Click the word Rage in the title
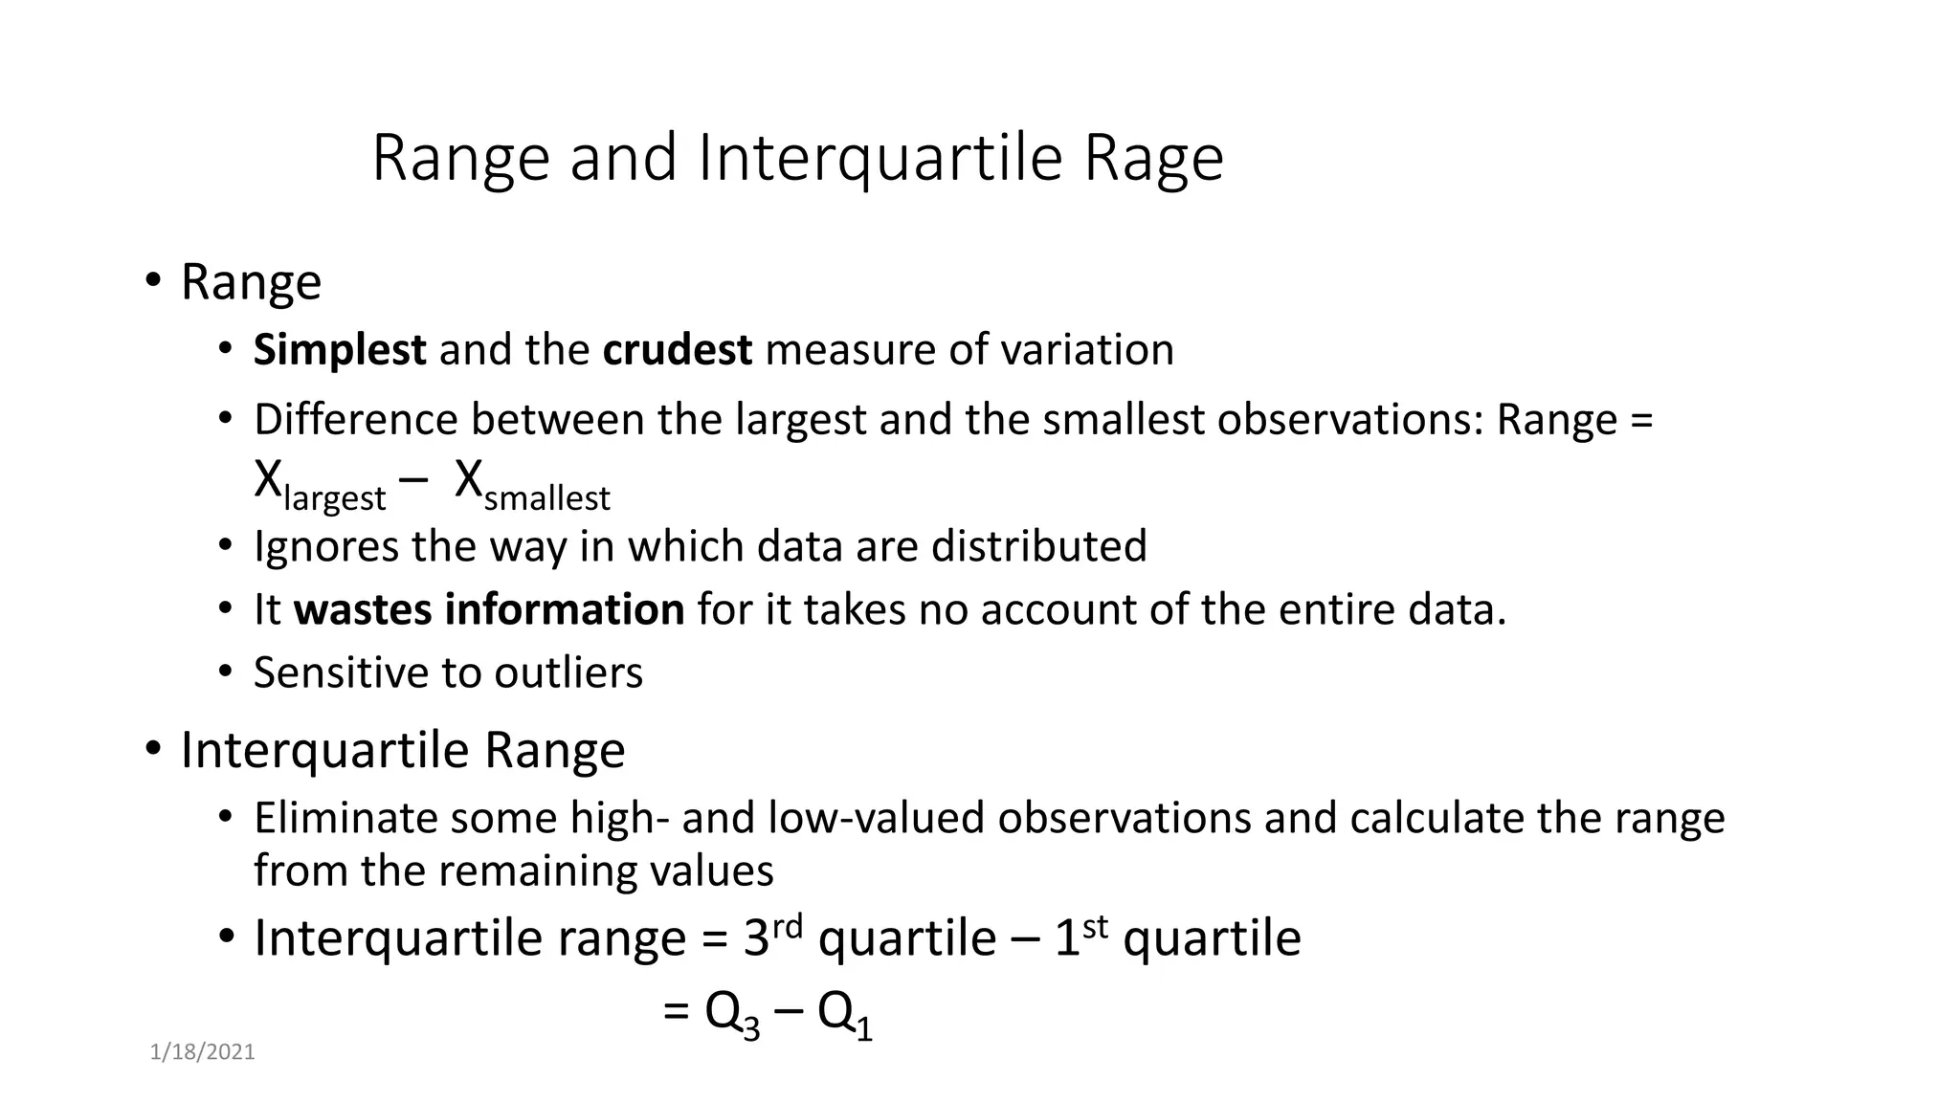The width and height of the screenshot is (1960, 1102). coord(1153,159)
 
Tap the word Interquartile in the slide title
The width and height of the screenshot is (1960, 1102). coord(880,159)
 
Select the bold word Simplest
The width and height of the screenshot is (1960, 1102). coord(339,350)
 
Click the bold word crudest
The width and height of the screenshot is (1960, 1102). coord(677,350)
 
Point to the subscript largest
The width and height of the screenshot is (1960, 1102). coord(334,499)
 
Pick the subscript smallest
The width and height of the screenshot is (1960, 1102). coord(546,499)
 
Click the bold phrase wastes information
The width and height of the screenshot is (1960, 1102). coord(488,610)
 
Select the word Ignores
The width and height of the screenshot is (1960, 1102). coord(325,547)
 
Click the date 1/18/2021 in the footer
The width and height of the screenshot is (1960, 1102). coord(203,1053)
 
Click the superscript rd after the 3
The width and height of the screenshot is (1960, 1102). coord(787,926)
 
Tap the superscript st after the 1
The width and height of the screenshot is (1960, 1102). coord(1095,926)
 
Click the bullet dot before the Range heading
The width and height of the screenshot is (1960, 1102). coord(153,281)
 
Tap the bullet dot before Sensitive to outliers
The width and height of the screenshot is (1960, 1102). coord(225,672)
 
